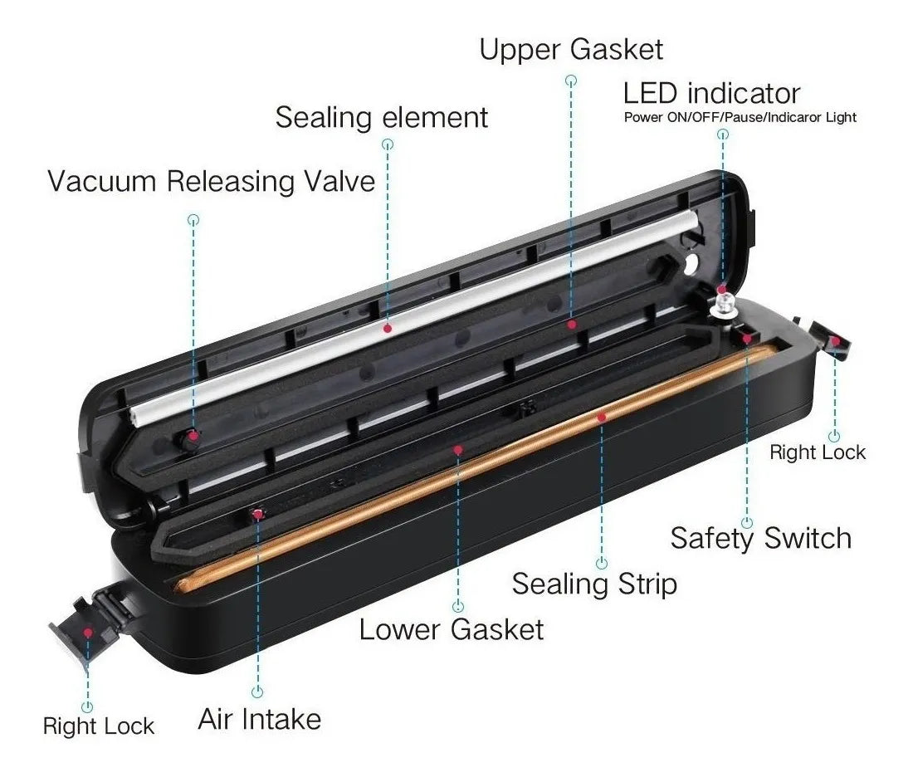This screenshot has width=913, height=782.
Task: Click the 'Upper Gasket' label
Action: [571, 50]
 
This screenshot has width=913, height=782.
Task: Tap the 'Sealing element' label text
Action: [382, 117]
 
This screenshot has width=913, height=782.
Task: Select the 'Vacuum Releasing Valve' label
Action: [211, 180]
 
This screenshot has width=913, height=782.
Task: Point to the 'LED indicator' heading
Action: [711, 93]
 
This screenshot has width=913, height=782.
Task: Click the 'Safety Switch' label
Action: [760, 537]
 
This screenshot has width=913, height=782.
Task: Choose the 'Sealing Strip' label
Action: [594, 584]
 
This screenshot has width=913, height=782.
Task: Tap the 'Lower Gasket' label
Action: [452, 629]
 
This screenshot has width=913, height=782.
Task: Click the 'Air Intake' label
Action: [260, 719]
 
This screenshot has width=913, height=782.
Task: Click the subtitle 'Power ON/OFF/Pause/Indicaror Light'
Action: [740, 118]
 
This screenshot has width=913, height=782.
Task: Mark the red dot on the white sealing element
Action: [388, 329]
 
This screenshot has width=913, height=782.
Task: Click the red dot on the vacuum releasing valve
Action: [193, 436]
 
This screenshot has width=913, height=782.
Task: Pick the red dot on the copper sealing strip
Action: [602, 417]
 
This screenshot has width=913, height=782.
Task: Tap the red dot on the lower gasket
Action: [458, 450]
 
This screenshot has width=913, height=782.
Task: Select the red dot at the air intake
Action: [257, 514]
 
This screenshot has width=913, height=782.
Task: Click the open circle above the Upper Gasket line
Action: [571, 81]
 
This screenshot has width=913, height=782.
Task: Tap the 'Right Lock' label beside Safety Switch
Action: [818, 452]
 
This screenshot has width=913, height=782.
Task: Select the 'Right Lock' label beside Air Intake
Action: [99, 726]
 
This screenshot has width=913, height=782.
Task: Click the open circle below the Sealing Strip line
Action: [602, 563]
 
